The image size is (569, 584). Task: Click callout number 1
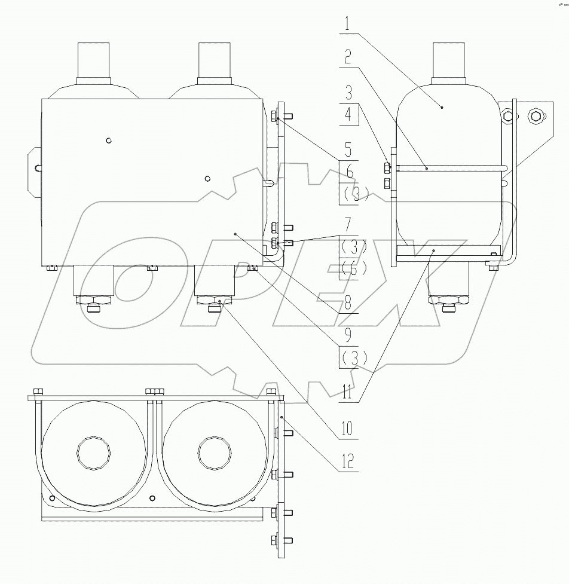[347, 26]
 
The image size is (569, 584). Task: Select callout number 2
[347, 57]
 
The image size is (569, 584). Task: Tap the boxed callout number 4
[348, 114]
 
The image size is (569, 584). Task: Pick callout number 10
[348, 428]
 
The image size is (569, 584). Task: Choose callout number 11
[348, 395]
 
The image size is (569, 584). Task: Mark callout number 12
[348, 461]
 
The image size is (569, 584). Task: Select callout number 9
[348, 337]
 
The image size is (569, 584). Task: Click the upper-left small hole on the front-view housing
[108, 140]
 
